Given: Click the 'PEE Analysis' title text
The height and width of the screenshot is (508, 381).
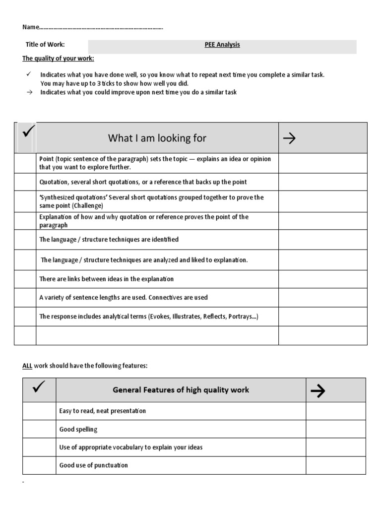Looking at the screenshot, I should (x=222, y=45).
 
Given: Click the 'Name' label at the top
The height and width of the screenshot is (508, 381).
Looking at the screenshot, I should (x=30, y=27).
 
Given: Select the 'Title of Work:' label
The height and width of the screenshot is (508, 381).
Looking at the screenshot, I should (x=45, y=45).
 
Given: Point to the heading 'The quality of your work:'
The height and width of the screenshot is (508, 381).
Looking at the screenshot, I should (x=58, y=59).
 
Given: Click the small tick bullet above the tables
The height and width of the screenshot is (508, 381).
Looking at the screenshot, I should (x=28, y=74).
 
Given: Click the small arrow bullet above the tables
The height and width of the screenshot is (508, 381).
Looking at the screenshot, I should (x=28, y=92).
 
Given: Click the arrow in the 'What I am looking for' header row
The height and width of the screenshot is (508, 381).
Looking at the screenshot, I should (x=289, y=138).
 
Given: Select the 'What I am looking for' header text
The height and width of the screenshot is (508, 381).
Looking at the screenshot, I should (x=157, y=138).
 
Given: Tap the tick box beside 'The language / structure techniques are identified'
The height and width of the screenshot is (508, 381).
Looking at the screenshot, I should (x=25, y=240).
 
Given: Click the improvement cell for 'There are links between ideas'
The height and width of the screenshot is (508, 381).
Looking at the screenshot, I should (x=322, y=279).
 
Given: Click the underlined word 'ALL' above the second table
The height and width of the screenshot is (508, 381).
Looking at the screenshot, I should (x=27, y=366).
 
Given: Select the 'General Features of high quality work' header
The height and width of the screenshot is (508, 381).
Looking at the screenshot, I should (x=181, y=390).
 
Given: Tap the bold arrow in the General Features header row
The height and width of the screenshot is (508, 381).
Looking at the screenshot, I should (x=317, y=391).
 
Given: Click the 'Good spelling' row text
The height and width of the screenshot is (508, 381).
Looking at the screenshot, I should (x=78, y=429).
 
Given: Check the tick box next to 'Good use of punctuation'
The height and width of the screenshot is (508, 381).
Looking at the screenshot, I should (x=39, y=465).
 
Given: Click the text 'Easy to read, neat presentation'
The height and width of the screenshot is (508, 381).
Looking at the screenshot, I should (x=103, y=411).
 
